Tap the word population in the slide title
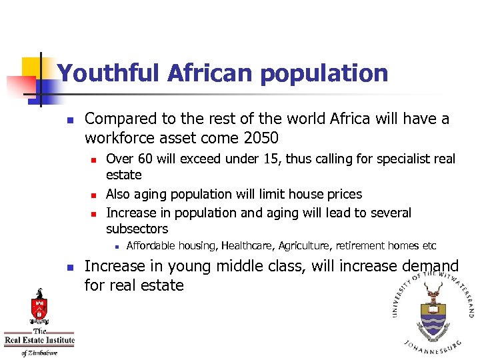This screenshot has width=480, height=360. click(324, 73)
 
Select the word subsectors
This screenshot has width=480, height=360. click(137, 229)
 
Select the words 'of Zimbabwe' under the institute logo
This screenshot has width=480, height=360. click(39, 353)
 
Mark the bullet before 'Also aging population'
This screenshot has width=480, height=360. click(94, 195)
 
